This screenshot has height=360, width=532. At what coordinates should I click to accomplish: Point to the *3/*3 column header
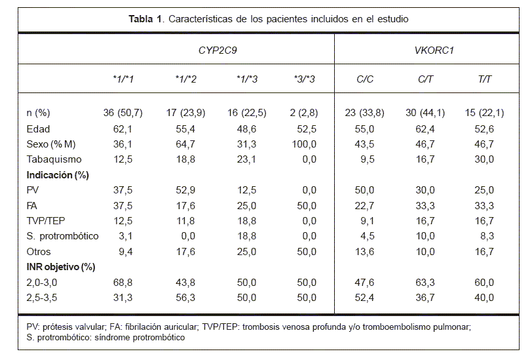(304, 79)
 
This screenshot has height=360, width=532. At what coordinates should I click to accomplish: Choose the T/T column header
(485, 79)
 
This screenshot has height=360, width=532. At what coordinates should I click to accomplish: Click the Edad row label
(38, 129)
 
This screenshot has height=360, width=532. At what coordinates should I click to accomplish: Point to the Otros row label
(39, 251)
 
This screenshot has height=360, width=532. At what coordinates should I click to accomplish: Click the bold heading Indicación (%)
(57, 175)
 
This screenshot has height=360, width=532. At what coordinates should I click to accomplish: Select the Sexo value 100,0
(304, 145)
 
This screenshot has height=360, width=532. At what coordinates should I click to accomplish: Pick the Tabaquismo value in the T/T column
(485, 159)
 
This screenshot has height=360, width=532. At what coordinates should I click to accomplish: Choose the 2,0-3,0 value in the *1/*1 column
(123, 282)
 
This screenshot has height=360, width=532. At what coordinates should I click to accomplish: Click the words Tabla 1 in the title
(147, 19)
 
